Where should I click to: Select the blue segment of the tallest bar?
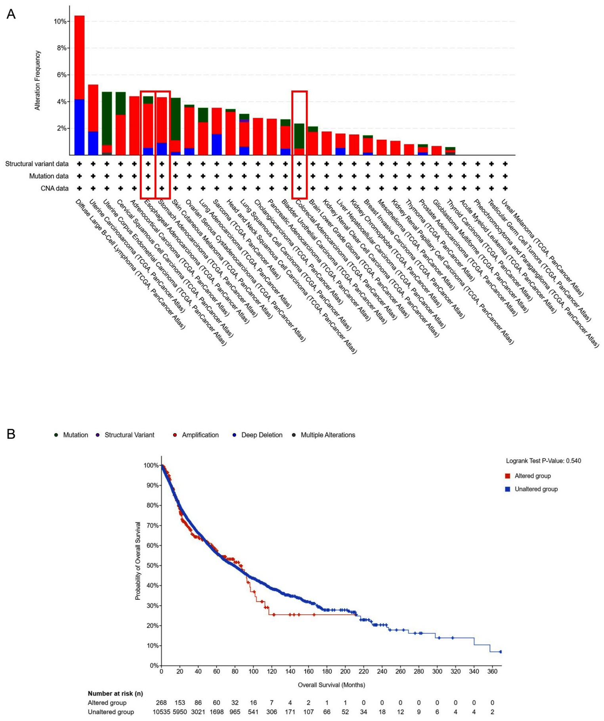79,127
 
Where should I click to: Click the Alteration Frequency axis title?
37,80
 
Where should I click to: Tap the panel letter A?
11,14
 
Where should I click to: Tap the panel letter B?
11,434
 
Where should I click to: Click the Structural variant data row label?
36,164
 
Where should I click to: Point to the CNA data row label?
54,188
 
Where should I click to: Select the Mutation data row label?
48,176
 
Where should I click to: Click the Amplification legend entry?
200,435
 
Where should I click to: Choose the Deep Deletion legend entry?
262,435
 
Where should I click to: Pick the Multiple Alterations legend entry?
327,435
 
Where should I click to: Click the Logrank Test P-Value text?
543,461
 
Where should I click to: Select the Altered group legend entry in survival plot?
532,476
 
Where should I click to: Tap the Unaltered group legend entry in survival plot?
536,489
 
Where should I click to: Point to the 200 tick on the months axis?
345,671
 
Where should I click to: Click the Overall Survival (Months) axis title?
331,685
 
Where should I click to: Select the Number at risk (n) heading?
115,694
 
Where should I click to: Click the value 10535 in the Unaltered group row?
161,712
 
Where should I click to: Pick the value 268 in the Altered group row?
161,703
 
